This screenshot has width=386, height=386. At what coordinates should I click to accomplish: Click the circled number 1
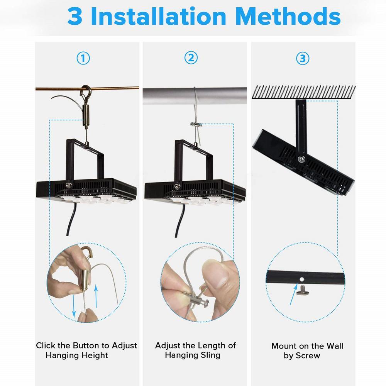click(83, 58)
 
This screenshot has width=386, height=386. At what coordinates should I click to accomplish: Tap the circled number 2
click(191, 58)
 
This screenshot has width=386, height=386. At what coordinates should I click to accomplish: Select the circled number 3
click(303, 59)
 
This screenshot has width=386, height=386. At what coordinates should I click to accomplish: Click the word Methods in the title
click(288, 16)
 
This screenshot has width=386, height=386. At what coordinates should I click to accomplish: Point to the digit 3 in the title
click(75, 16)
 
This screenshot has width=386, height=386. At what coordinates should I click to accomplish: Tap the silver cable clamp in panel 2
click(196, 124)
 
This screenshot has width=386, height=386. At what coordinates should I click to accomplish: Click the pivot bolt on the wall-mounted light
click(301, 159)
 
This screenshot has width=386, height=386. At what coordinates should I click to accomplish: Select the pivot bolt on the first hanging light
click(69, 185)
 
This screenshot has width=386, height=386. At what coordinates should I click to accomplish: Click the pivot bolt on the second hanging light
click(177, 186)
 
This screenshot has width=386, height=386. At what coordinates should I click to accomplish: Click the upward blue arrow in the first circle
click(96, 296)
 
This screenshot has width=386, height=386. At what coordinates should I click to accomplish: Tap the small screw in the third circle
click(301, 289)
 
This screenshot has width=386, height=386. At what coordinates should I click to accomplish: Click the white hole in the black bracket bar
click(302, 279)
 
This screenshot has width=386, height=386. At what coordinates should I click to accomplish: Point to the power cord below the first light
click(71, 219)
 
